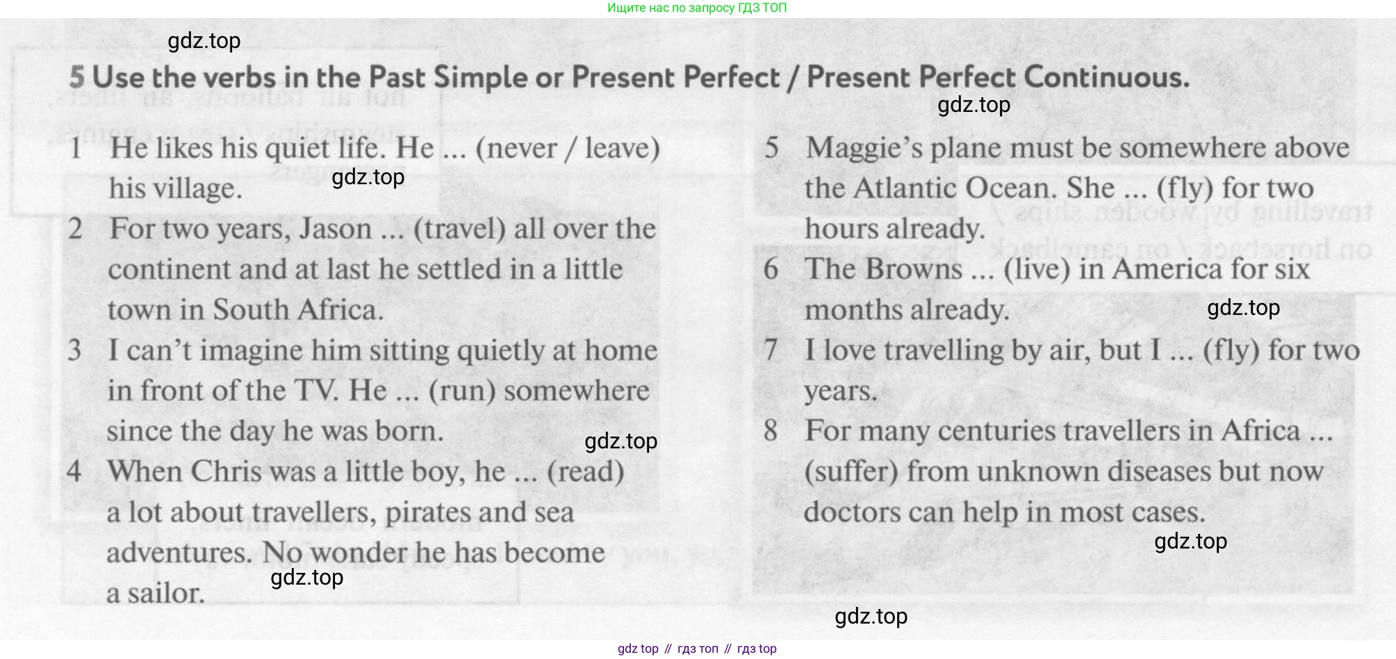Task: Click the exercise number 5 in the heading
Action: tap(77, 77)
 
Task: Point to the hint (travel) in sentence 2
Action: tap(459, 229)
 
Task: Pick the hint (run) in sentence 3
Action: tap(462, 391)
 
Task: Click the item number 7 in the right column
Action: tap(771, 350)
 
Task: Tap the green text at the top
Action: tap(697, 8)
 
